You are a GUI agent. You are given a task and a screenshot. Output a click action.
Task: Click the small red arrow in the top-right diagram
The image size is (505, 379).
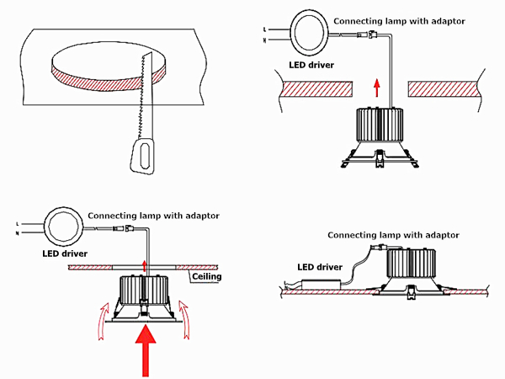coord(376,87)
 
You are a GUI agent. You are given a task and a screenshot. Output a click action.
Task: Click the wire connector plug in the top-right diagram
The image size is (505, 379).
coord(370,35)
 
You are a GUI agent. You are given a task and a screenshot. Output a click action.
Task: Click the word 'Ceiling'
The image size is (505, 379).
coord(207,276)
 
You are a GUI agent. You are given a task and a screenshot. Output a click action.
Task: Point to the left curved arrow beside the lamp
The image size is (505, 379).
coord(100,319)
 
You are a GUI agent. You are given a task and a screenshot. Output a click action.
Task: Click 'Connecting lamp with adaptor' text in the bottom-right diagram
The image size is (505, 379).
coord(393,234)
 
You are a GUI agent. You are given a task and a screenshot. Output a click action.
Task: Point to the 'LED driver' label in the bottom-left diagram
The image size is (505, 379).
coord(64,252)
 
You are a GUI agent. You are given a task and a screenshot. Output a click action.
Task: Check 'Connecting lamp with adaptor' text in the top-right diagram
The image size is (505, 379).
coord(400,19)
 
